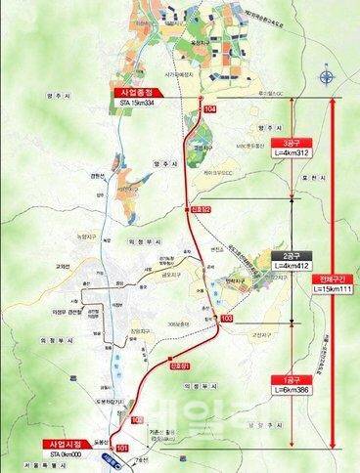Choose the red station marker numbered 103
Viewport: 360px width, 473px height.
click(227, 319)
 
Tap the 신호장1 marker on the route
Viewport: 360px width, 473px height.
click(178, 367)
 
